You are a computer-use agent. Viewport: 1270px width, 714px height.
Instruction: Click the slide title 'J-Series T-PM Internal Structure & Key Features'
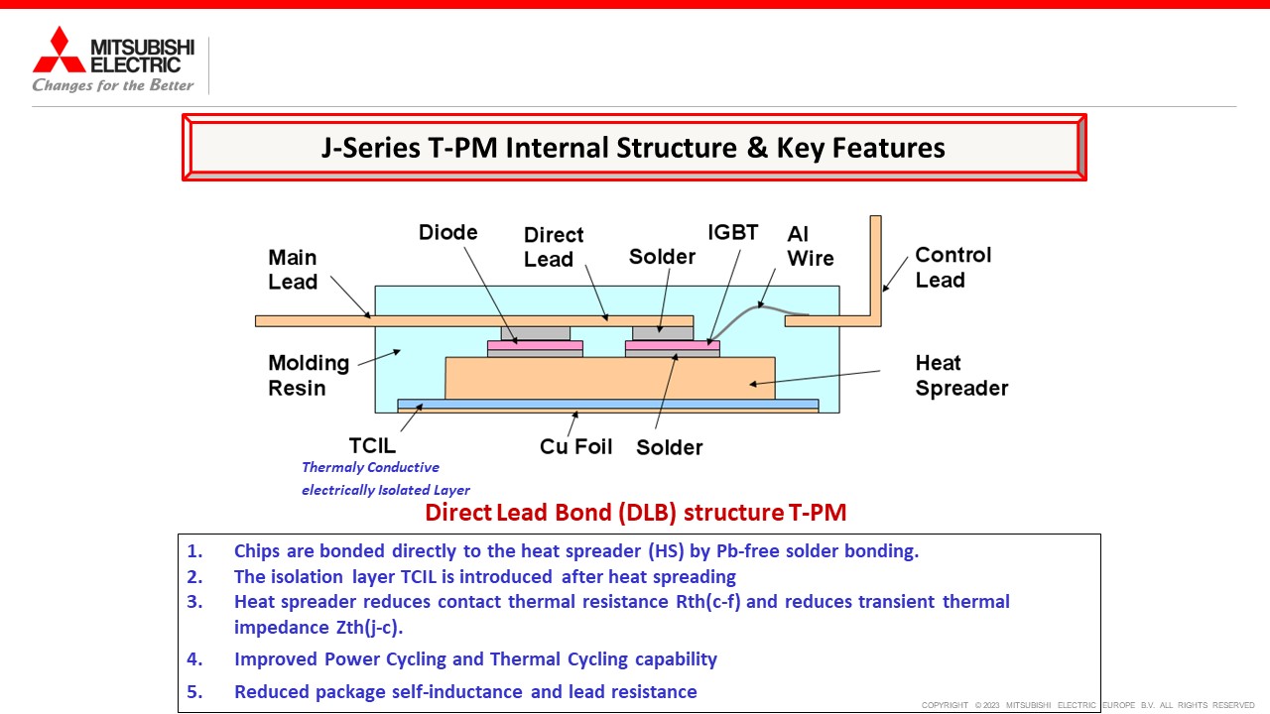click(633, 148)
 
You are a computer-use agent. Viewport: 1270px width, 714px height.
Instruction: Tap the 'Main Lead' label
click(293, 270)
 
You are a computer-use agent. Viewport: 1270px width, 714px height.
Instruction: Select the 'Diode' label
click(447, 232)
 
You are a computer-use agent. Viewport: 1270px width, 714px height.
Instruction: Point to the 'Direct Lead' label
click(554, 247)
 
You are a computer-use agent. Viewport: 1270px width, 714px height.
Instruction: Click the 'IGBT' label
click(732, 232)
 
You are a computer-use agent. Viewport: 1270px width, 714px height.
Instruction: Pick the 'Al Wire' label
click(811, 246)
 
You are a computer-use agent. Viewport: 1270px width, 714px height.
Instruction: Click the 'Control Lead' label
click(953, 268)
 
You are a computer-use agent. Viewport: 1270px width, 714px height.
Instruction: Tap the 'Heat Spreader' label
click(961, 375)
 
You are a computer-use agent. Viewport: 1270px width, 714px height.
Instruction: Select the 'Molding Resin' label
click(309, 375)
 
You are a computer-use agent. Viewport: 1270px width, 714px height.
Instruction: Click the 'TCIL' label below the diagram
click(372, 446)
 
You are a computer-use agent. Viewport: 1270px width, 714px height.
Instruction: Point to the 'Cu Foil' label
click(575, 446)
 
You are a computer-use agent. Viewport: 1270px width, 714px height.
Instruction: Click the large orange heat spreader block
click(610, 378)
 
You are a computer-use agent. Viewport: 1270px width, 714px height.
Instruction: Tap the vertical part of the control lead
click(876, 267)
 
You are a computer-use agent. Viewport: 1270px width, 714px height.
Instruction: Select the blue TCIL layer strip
click(608, 404)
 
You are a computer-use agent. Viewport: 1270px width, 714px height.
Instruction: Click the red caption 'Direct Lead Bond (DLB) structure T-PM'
click(636, 513)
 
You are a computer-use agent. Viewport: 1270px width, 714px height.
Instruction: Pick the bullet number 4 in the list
click(194, 659)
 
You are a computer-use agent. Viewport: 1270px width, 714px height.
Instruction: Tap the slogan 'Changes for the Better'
click(113, 85)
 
